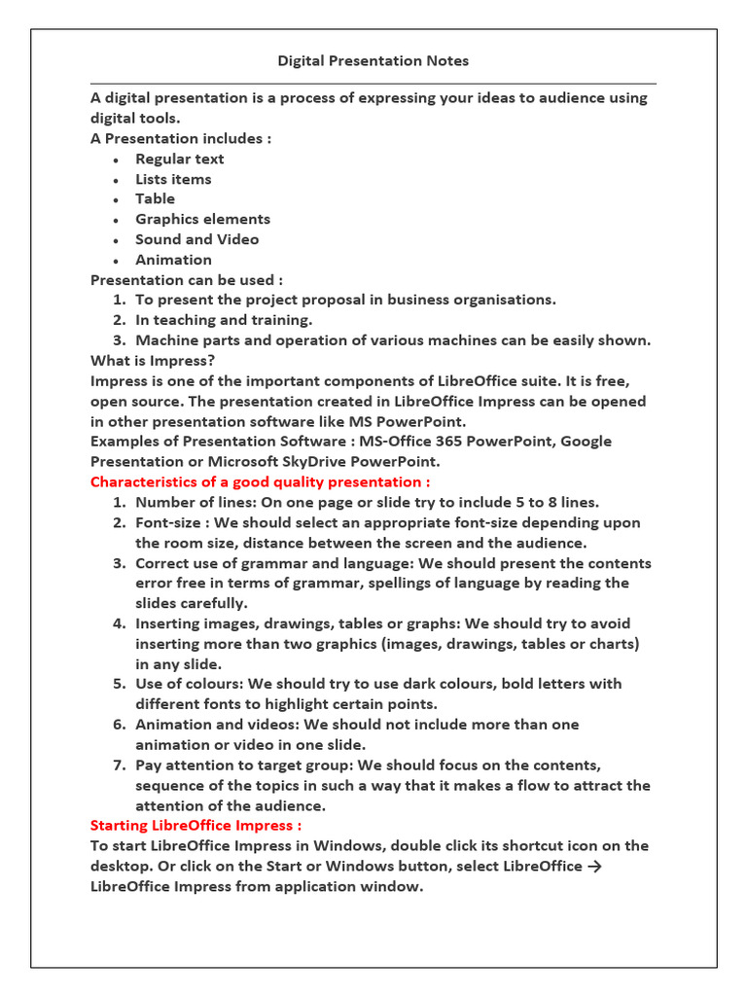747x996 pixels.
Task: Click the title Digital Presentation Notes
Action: click(x=373, y=61)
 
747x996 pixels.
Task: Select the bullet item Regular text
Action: click(x=179, y=159)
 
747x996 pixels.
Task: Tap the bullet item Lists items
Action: click(x=173, y=179)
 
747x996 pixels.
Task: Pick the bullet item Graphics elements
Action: click(x=202, y=219)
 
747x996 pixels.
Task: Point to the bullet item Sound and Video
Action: click(x=196, y=239)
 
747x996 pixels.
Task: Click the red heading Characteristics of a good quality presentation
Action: click(x=260, y=481)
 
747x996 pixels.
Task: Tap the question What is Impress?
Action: click(x=153, y=361)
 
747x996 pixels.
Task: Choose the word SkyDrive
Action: click(x=302, y=462)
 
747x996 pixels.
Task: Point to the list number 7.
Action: click(x=119, y=765)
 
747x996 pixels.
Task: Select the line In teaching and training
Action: click(x=224, y=320)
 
